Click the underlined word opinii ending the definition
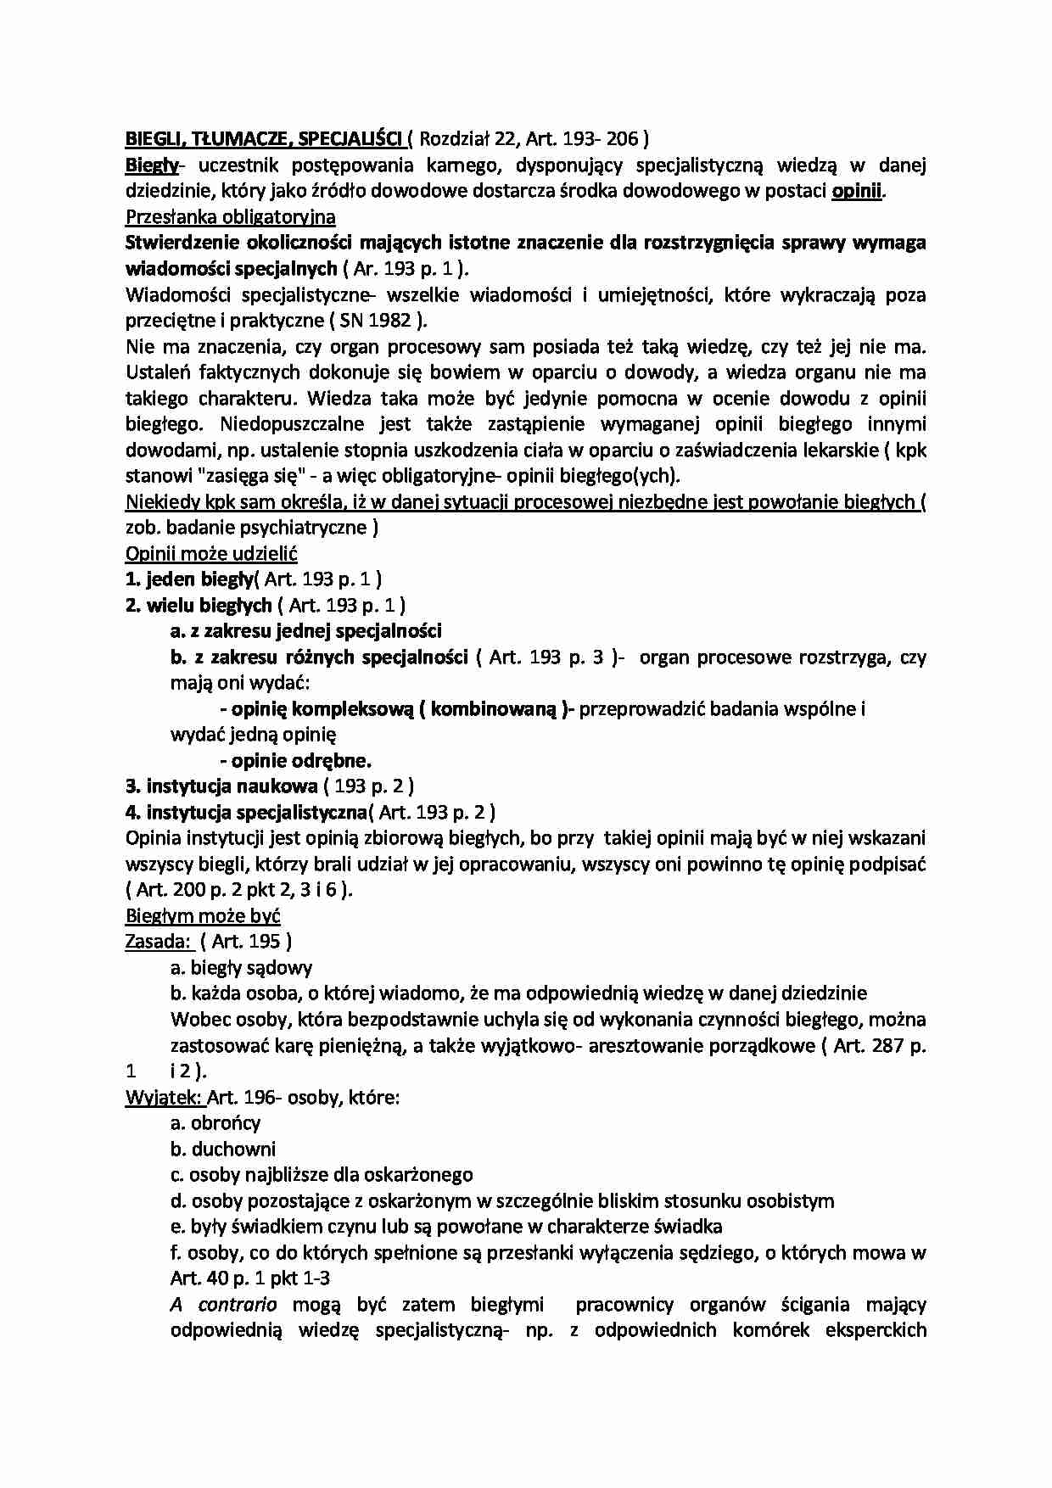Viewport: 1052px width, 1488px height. (x=857, y=191)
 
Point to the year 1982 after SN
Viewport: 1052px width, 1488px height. (x=390, y=321)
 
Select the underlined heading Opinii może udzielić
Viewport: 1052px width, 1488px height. (x=211, y=554)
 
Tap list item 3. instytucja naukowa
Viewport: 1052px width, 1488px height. (x=221, y=786)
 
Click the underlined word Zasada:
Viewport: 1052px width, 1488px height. (x=158, y=942)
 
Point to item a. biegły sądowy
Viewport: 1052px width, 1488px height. (x=241, y=968)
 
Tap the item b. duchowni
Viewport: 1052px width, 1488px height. (x=222, y=1150)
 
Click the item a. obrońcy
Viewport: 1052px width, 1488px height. (x=215, y=1123)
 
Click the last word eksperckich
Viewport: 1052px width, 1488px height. (x=875, y=1330)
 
